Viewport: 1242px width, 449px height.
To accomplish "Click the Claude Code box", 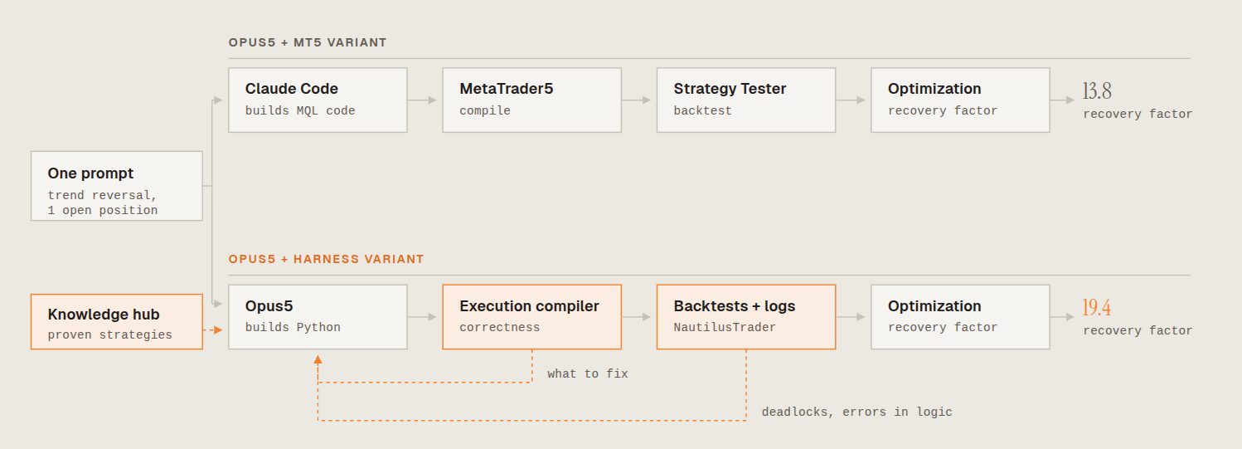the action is pos(318,100).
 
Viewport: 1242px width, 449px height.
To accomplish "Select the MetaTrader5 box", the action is pos(531,100).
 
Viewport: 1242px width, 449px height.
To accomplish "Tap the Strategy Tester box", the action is pos(745,100).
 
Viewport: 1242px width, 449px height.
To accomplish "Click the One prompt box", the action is pos(116,186).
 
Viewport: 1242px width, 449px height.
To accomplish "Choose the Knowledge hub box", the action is pos(116,322).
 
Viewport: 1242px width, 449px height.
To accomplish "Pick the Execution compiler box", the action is pos(531,317).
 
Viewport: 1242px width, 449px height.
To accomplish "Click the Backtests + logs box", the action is pos(745,317).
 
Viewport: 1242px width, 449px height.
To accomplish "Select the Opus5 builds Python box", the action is pos(318,317).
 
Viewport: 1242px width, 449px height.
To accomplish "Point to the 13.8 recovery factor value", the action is pos(1097,90).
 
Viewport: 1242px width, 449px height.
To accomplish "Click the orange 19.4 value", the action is pos(1097,307).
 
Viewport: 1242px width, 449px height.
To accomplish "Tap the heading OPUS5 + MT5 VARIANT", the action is pos(308,42).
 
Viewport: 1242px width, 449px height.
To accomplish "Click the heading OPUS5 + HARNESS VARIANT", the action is pos(326,259).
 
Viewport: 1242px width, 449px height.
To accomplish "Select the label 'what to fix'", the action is pos(588,373).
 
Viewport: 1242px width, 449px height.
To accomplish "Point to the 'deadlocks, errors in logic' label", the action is pos(856,412).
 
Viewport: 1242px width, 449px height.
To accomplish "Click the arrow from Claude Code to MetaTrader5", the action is pos(422,100).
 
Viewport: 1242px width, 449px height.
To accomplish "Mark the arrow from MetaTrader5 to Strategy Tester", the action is pos(636,100).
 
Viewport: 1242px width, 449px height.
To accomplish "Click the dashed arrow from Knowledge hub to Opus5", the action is pos(213,330).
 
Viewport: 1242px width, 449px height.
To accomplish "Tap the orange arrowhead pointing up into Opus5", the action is pos(318,359).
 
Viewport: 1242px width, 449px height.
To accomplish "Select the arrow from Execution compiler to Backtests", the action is pos(636,317).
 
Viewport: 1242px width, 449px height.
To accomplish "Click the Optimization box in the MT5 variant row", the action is pos(960,100).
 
